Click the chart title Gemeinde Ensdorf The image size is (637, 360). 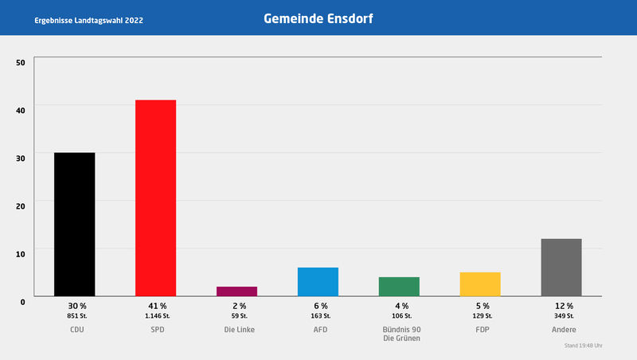318,18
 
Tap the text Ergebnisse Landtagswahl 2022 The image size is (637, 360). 89,18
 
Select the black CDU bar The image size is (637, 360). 75,224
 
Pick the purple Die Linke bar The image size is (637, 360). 236,292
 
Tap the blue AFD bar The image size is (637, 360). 318,282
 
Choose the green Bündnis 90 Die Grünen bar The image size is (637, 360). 399,287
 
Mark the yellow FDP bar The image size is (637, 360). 480,284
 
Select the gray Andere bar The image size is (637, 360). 561,268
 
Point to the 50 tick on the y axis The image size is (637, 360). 21,62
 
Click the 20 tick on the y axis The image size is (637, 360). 21,205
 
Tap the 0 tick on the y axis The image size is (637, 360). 23,300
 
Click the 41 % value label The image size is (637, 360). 156,306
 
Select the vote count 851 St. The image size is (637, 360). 76,316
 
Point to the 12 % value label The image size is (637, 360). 564,306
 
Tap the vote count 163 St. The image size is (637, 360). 320,316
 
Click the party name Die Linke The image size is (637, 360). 239,329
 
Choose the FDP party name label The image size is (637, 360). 483,329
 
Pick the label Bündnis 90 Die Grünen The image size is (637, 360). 401,334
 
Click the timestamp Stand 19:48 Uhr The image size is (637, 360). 583,346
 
